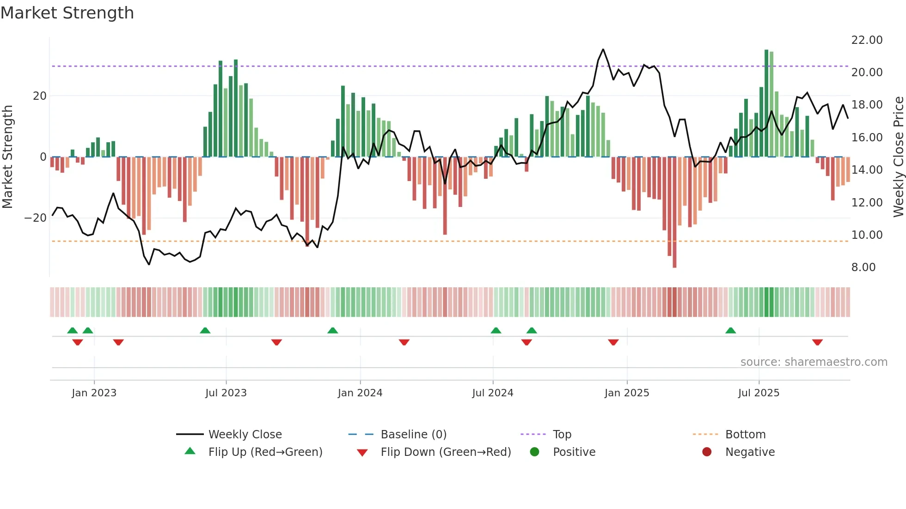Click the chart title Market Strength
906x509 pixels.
pos(67,13)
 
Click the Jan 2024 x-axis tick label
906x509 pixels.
pos(360,393)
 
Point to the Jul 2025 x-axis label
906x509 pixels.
pos(759,393)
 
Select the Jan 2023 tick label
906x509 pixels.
pos(94,393)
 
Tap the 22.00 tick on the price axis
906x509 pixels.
pos(867,40)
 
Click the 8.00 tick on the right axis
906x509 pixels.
pos(863,267)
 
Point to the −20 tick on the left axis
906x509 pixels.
pos(36,218)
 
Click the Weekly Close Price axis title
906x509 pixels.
pos(898,157)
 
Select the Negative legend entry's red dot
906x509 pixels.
pos(706,452)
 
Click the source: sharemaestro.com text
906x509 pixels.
pos(814,362)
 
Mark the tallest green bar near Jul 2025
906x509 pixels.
pos(766,103)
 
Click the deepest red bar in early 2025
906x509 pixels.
pos(674,212)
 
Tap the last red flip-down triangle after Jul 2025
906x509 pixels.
pos(817,342)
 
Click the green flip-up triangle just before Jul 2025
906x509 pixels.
pos(730,330)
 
